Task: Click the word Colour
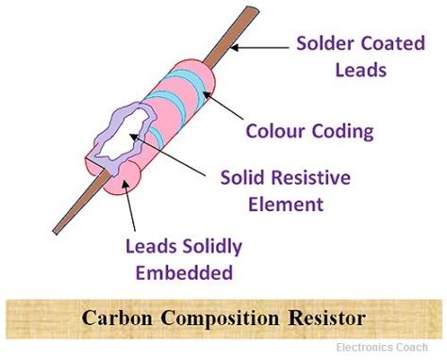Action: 278,129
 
